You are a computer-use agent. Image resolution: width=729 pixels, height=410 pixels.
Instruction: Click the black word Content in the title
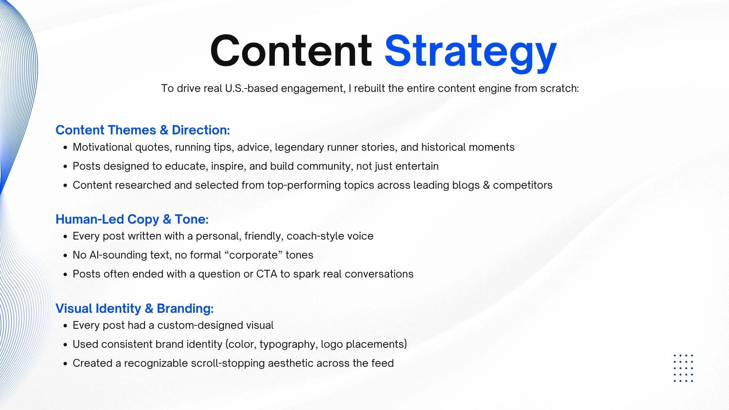(x=291, y=50)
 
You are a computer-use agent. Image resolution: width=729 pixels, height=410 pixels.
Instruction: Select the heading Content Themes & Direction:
(x=143, y=130)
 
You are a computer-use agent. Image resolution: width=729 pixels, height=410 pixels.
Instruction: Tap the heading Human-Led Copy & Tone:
(x=132, y=219)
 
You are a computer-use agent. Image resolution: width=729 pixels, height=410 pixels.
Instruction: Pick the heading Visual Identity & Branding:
(x=135, y=308)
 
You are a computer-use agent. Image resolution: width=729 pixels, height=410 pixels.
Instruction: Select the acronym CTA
(x=267, y=274)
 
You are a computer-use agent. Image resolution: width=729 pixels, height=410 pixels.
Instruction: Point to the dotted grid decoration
(x=683, y=368)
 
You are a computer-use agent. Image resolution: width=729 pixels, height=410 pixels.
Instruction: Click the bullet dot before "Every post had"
(x=65, y=326)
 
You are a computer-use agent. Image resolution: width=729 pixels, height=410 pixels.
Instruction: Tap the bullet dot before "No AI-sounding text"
(x=65, y=255)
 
